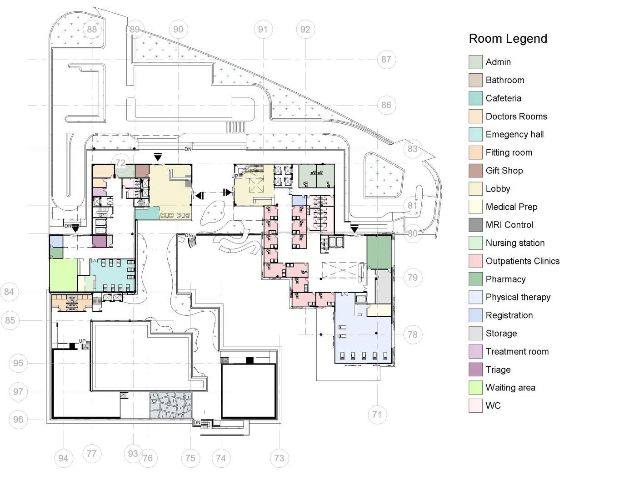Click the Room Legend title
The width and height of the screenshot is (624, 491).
tap(508, 39)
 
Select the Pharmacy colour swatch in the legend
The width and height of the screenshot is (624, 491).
tap(475, 279)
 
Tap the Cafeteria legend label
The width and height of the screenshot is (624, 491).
tap(503, 98)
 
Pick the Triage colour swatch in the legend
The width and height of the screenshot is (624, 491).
tap(475, 370)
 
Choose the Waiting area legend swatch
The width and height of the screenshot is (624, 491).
tap(475, 388)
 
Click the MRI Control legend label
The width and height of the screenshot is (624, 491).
tap(509, 225)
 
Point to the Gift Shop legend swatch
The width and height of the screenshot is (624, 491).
tap(475, 171)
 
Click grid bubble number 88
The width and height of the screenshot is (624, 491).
tap(92, 30)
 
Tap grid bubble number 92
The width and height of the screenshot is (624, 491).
tap(305, 30)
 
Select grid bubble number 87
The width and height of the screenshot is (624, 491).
tap(386, 59)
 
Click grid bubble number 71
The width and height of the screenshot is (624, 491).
tap(377, 415)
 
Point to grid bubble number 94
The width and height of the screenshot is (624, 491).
tap(63, 458)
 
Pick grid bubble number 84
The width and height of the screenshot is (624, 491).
tap(10, 292)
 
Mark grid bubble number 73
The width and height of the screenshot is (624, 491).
tap(279, 458)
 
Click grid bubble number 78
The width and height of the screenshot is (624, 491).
tap(412, 335)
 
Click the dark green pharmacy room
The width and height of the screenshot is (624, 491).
tap(379, 252)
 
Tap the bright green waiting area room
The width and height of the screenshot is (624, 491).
tap(63, 275)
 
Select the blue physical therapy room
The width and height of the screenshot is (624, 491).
tap(364, 337)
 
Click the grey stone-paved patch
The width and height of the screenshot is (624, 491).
tap(171, 405)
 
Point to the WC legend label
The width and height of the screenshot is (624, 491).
tap(493, 406)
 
